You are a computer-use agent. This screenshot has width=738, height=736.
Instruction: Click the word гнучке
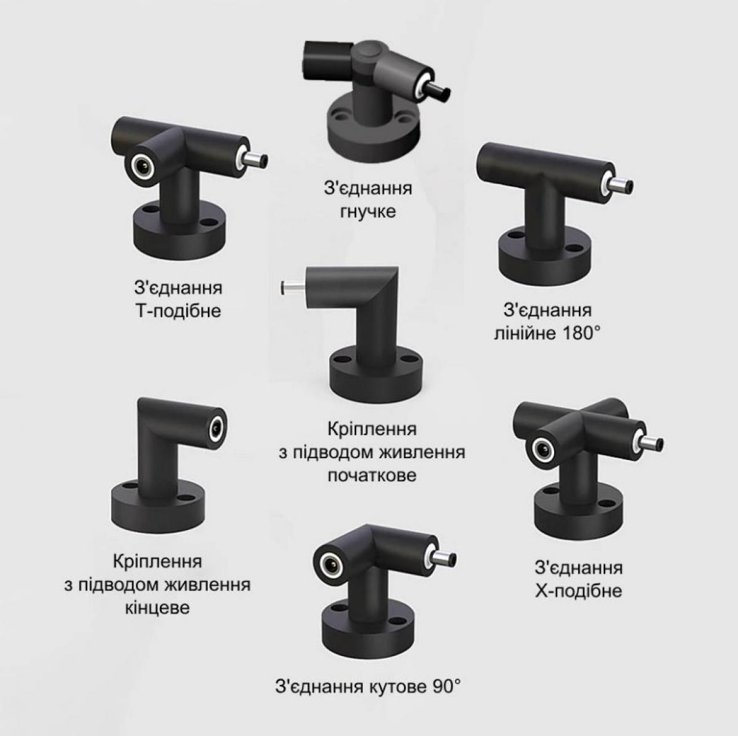click(x=368, y=212)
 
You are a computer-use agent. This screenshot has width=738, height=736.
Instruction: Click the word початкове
click(x=372, y=476)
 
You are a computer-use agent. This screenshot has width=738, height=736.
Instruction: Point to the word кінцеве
click(x=157, y=608)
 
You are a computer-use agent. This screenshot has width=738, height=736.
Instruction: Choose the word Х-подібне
click(x=578, y=590)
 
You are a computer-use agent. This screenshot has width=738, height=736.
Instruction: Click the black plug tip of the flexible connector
click(x=438, y=93)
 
